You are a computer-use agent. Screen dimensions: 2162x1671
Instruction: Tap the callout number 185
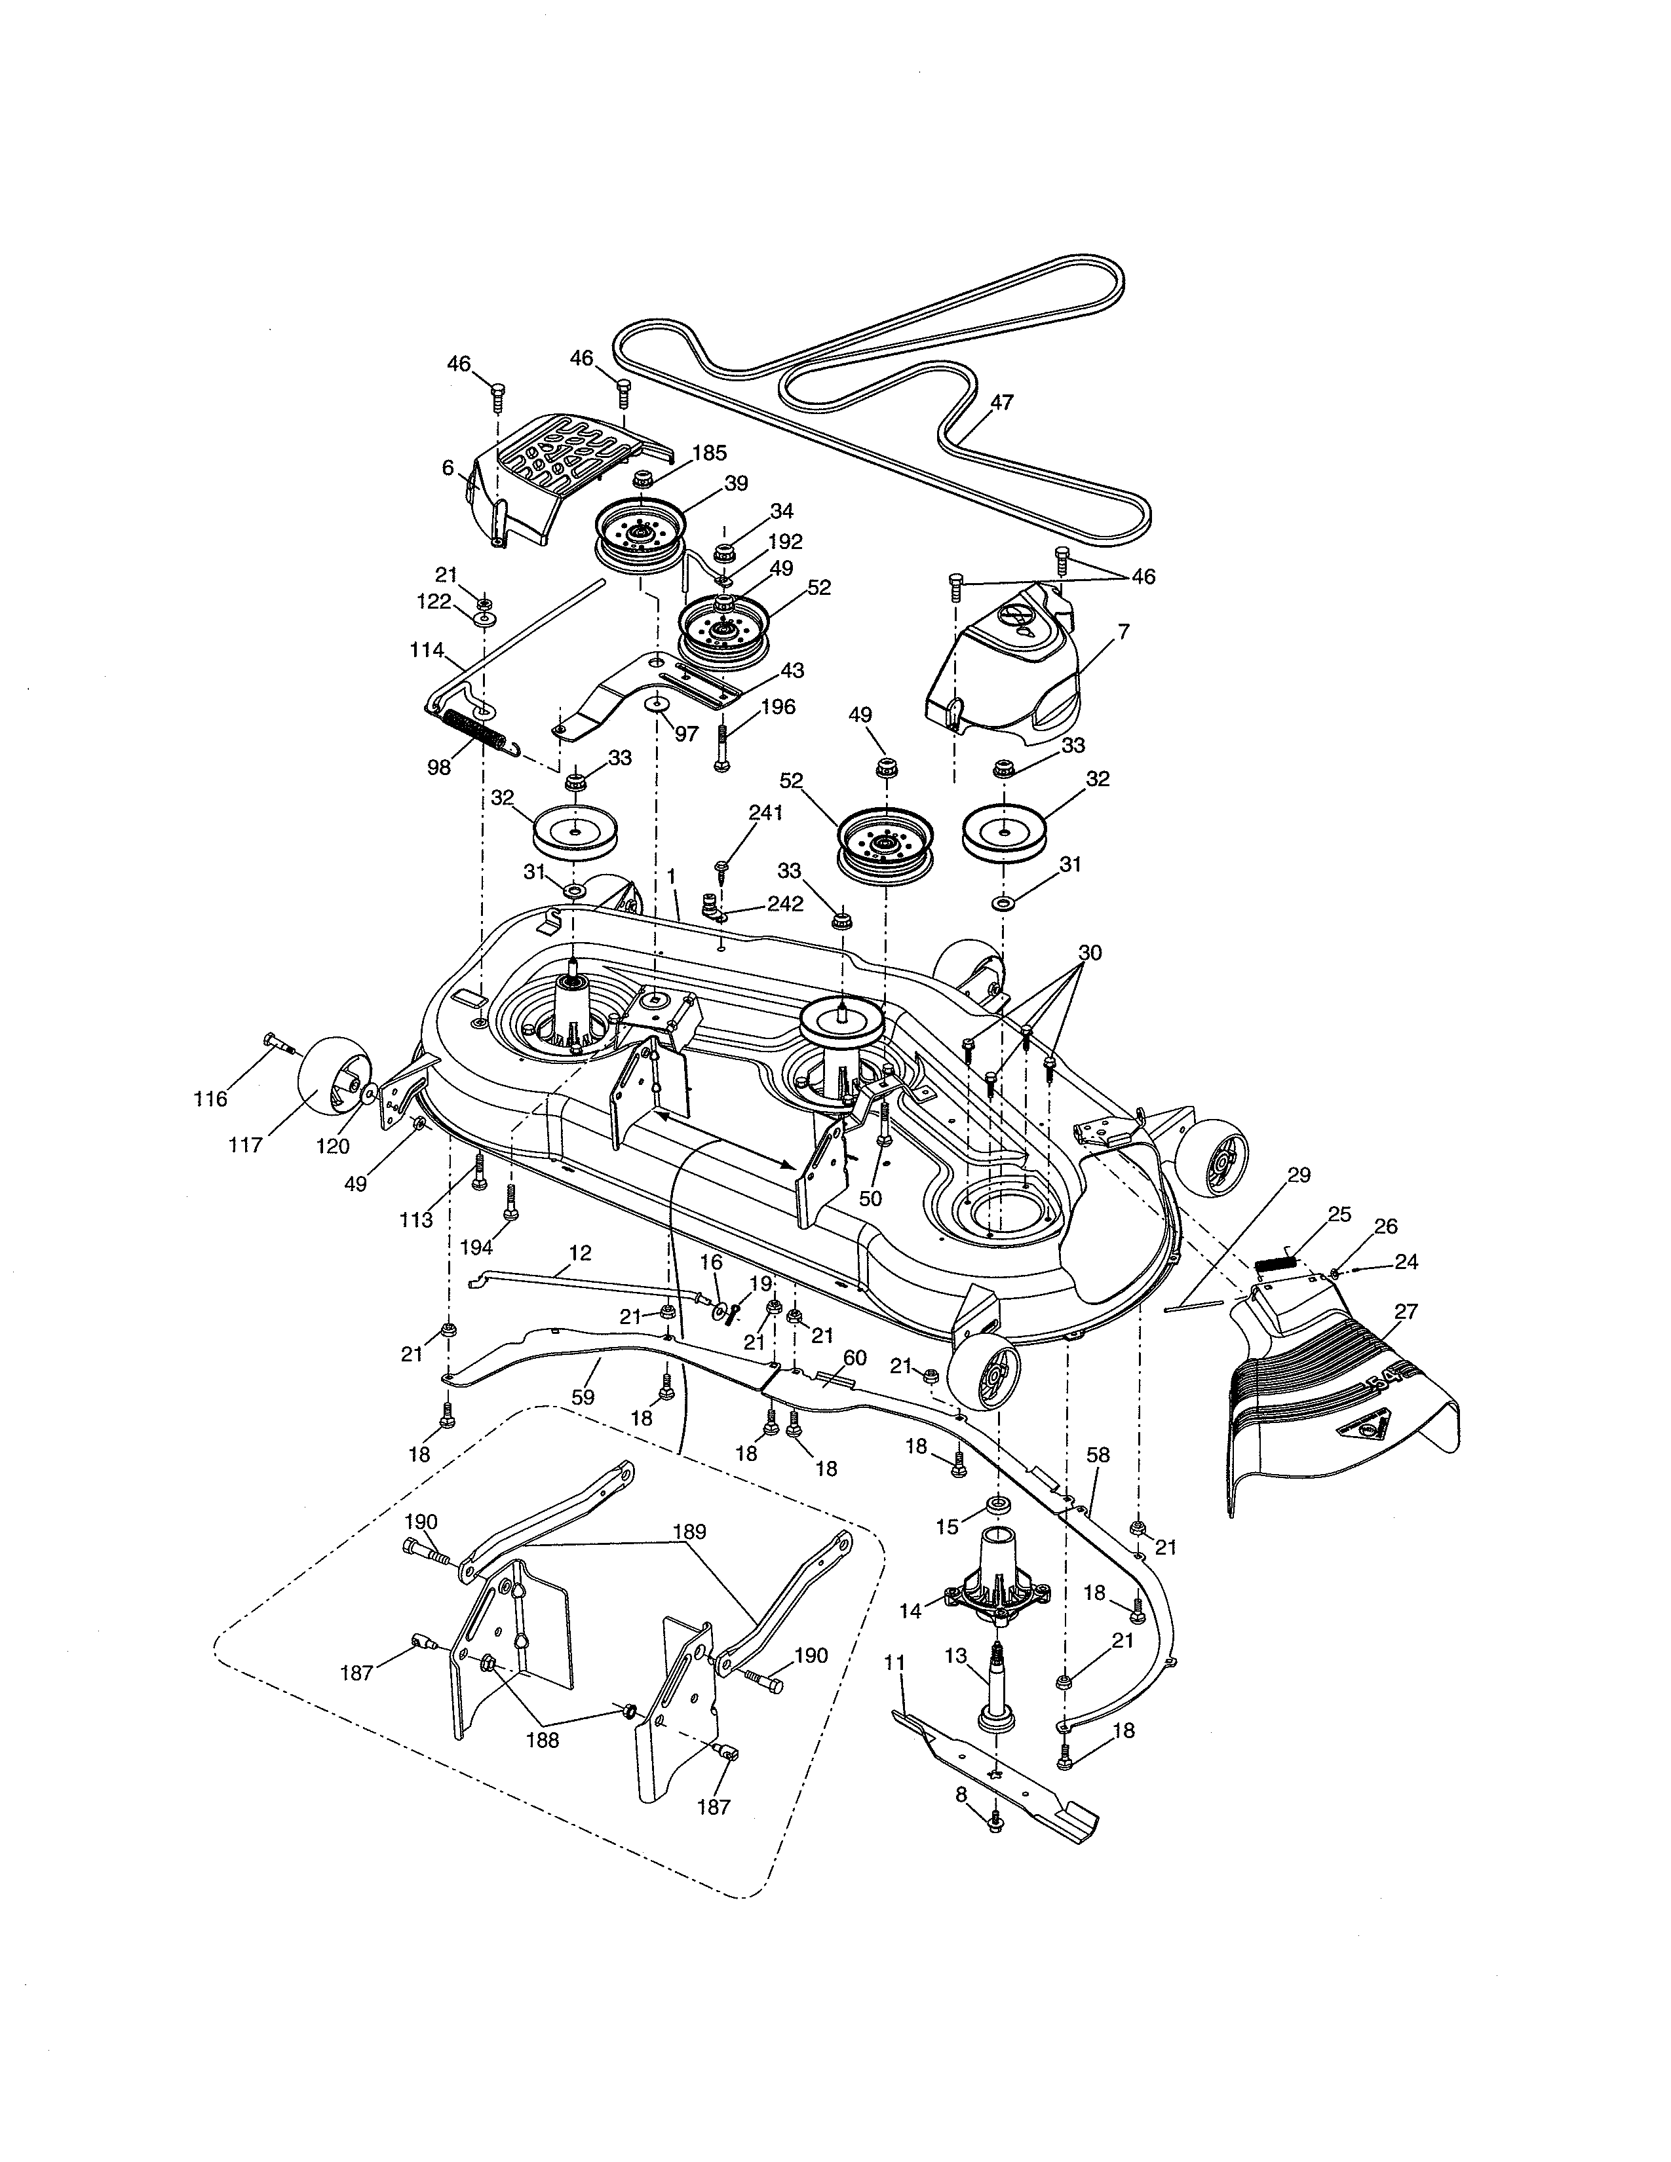[709, 453]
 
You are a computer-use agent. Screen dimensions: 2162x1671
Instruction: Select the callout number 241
[765, 814]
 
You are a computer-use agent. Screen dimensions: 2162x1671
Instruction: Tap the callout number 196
[778, 707]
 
